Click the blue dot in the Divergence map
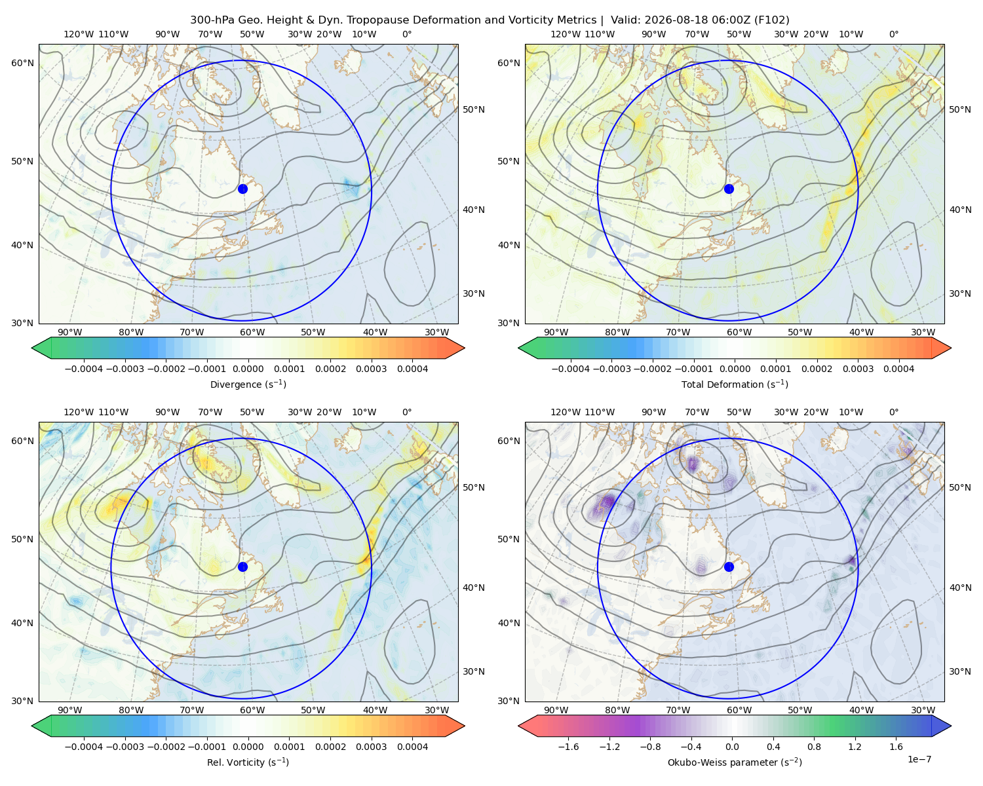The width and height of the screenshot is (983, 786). click(x=242, y=189)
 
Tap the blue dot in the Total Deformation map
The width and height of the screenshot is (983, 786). click(x=729, y=189)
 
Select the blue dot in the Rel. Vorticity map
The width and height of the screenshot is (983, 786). click(x=242, y=567)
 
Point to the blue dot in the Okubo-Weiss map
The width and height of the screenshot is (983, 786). click(x=729, y=567)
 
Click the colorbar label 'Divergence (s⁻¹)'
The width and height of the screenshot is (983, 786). click(x=248, y=384)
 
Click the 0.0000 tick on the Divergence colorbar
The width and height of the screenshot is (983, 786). click(x=248, y=369)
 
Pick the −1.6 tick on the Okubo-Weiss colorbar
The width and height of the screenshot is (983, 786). click(x=568, y=747)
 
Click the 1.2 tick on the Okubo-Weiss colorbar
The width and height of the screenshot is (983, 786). click(x=855, y=747)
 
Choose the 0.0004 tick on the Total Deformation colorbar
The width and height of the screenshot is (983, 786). click(x=898, y=369)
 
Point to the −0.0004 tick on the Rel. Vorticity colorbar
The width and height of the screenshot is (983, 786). click(x=84, y=747)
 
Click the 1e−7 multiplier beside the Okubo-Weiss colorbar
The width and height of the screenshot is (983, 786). click(x=919, y=759)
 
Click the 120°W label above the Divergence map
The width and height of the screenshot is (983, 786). click(x=79, y=34)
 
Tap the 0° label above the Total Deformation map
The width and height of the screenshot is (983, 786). click(x=893, y=34)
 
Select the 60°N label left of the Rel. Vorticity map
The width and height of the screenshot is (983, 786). click(x=22, y=441)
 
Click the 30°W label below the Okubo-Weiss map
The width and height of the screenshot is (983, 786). click(x=923, y=710)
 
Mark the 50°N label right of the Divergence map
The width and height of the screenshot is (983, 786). click(x=474, y=109)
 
